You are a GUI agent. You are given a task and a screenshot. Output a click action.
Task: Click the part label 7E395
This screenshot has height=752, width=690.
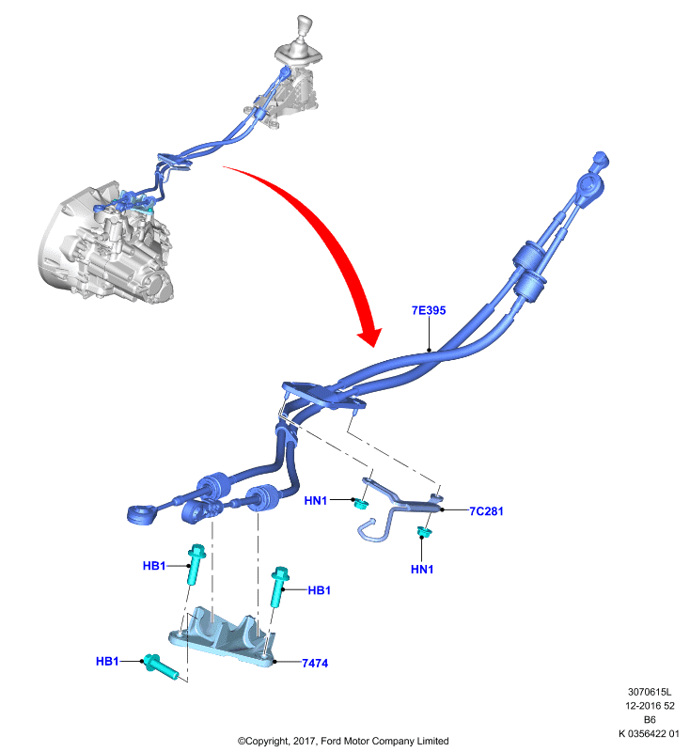[x=429, y=310]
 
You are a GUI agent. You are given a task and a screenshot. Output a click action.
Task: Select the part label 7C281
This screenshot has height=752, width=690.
[x=486, y=511]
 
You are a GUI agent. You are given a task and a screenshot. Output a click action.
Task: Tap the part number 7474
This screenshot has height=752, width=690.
[x=315, y=664]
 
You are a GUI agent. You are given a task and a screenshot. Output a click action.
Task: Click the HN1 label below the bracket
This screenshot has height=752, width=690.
[x=422, y=570]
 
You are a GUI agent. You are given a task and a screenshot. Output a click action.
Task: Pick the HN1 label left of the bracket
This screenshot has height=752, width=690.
[x=316, y=501]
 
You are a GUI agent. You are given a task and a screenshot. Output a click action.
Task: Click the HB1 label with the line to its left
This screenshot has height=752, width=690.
[x=320, y=590]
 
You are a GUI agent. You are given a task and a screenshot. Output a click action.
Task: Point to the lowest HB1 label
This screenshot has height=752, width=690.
[x=107, y=662]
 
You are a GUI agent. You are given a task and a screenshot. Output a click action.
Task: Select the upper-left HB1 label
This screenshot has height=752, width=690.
[x=154, y=566]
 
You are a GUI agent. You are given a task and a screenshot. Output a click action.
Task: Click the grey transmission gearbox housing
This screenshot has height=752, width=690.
[x=105, y=244]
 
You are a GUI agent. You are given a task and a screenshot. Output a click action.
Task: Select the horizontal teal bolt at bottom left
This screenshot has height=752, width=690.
[x=161, y=666]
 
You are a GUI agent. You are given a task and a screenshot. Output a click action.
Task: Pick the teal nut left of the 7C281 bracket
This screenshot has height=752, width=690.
[x=360, y=504]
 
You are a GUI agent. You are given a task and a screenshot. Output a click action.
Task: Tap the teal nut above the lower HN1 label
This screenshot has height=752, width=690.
[x=423, y=531]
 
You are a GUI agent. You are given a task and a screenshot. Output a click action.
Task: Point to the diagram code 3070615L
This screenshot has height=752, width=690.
[x=650, y=692]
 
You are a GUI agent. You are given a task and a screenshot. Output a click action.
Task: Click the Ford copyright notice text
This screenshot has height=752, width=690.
[x=343, y=741]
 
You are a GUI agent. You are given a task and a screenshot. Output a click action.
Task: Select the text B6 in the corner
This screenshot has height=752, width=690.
[x=650, y=720]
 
